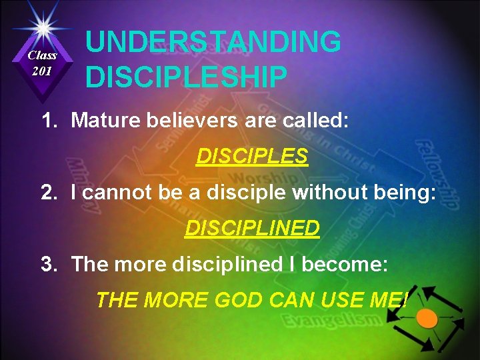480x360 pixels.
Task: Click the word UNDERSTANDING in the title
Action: click(x=213, y=42)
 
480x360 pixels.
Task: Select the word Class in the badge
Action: click(x=42, y=55)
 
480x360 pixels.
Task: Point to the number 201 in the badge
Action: click(x=41, y=71)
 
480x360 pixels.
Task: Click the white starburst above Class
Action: click(x=42, y=27)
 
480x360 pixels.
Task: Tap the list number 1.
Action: click(x=47, y=120)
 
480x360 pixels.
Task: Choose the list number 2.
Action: click(x=47, y=193)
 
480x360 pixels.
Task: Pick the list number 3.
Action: click(x=47, y=264)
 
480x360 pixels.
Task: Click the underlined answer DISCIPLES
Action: click(x=251, y=156)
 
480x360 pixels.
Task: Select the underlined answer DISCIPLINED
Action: click(x=252, y=228)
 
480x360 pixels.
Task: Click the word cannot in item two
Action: click(x=116, y=193)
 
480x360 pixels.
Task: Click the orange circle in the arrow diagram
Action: click(x=427, y=318)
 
